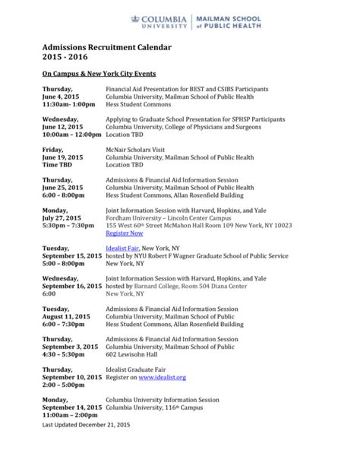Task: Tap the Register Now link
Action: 124,233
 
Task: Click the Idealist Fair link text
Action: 127,248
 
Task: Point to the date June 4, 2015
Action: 60,98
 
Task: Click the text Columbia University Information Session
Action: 161,399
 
